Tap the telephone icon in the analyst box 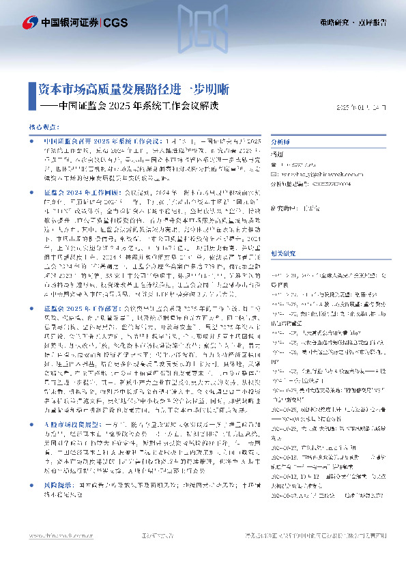[x=275, y=164]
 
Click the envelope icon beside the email [x=275, y=173]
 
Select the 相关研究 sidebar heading [x=282, y=234]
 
